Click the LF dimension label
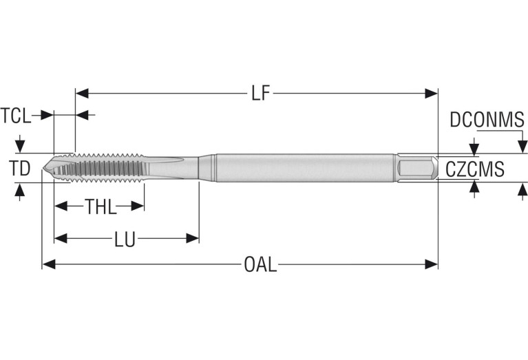260,93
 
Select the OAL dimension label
260,264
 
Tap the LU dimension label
125,239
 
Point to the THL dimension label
101,206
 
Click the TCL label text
16,115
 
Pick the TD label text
20,167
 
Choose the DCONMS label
487,120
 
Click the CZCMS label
475,169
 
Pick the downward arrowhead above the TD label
20,147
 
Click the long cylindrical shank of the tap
303,167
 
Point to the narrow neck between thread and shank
179,167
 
